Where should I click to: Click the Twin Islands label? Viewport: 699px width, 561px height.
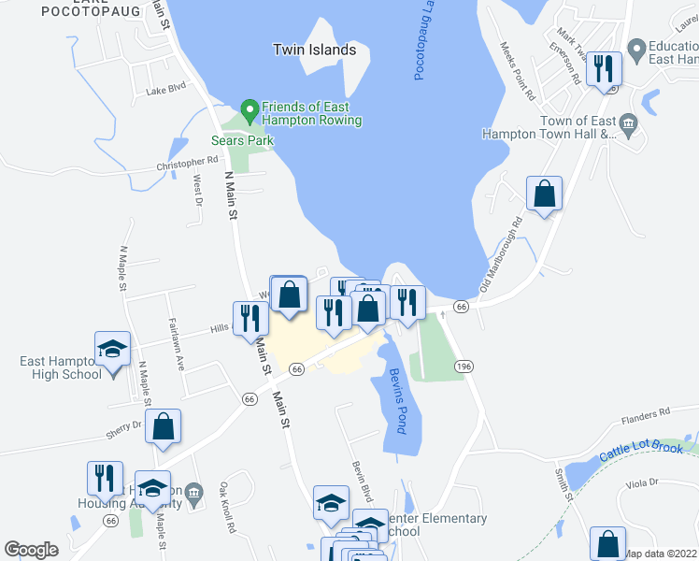point(315,50)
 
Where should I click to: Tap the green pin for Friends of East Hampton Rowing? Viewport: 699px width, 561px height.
point(250,110)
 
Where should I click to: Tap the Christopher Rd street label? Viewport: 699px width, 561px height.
point(187,165)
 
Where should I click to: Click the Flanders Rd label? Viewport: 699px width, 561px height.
point(650,411)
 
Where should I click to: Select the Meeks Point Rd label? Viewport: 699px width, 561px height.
point(518,71)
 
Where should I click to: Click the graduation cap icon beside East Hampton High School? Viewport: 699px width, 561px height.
point(112,349)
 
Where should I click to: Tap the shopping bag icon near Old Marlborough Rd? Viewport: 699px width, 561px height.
point(544,194)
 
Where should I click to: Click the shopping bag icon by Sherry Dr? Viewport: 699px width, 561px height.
point(164,426)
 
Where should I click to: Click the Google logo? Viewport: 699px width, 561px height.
point(31,550)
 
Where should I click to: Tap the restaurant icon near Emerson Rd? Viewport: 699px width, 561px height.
point(604,67)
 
